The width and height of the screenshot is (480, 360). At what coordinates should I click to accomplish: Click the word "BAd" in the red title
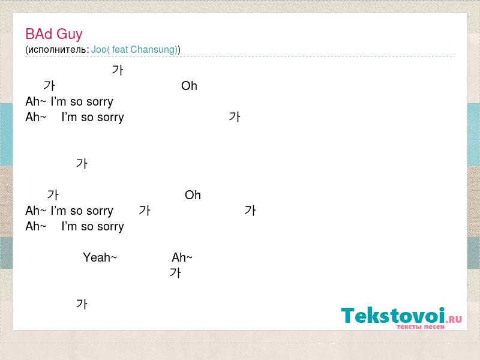click(39, 34)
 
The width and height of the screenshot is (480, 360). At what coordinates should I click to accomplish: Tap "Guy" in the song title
click(70, 35)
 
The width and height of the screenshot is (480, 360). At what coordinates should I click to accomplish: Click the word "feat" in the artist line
click(119, 49)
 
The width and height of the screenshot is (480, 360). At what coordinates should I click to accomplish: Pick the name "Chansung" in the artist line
click(153, 50)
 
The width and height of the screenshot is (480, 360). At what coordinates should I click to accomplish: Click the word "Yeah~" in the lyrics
click(100, 257)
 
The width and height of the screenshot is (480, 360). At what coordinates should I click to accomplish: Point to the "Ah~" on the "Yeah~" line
click(182, 257)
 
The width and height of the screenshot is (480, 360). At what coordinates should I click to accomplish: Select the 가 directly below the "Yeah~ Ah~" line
click(175, 273)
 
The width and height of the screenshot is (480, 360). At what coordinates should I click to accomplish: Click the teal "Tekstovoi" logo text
click(393, 315)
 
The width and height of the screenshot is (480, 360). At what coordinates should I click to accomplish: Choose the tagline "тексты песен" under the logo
click(421, 326)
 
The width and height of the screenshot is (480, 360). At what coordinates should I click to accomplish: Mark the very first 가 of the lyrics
click(118, 70)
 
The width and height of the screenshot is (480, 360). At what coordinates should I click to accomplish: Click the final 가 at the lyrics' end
click(82, 304)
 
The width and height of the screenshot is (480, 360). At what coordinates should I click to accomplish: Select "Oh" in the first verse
click(189, 86)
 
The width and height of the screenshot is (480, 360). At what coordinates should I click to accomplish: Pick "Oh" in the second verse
click(193, 194)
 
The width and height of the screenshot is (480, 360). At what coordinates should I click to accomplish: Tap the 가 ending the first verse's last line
click(235, 117)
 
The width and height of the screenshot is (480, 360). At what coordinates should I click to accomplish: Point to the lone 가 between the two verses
click(82, 164)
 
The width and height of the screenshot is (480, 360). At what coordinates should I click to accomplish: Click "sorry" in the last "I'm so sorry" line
click(111, 227)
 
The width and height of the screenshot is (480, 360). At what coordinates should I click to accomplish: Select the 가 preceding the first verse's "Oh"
click(49, 86)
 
